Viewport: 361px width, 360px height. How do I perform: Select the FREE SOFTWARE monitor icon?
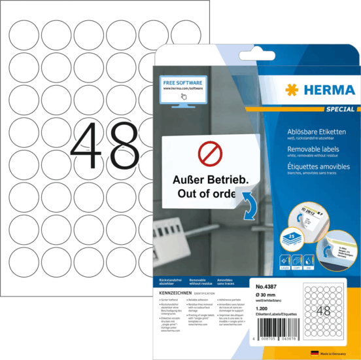point(182,90)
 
